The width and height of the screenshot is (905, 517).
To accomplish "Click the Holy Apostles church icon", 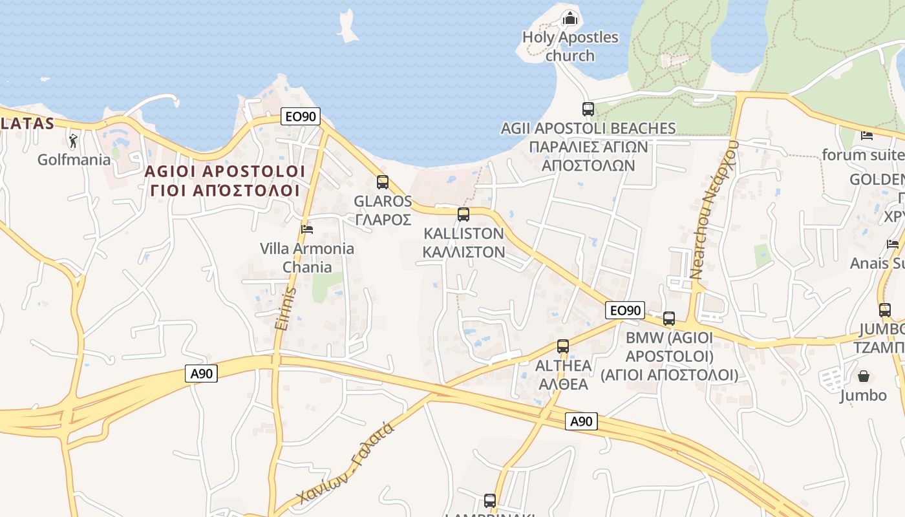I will coord(570,17).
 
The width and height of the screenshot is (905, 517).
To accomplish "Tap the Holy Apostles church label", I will coord(570,47).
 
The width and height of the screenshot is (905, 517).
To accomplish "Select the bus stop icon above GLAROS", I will coord(383,182).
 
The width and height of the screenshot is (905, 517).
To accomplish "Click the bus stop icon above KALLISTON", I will coord(463,215).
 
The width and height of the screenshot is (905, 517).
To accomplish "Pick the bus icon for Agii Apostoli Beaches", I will coord(588,109).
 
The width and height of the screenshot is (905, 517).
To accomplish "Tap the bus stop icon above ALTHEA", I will coord(563,346).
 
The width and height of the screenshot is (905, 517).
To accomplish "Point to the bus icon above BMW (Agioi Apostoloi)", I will coord(669,319).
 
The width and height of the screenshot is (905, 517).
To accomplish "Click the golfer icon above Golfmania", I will coord(74,140).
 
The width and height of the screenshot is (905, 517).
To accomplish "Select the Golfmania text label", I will coord(74,160).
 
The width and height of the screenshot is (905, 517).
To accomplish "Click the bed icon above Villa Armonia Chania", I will coord(307,229).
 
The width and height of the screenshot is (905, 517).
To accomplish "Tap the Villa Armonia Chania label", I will coord(307,258).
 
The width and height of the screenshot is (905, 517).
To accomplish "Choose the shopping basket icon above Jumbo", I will coord(863,376).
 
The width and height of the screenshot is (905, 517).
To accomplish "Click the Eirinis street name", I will coord(286,309).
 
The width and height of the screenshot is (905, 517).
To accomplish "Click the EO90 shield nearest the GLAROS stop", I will coord(301,116).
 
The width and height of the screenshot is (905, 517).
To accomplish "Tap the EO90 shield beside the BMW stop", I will coord(625,310).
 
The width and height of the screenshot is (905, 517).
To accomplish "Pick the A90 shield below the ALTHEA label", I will coord(581,422).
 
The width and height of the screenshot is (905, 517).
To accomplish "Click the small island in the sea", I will coord(347,26).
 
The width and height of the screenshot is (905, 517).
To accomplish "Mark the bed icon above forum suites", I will coord(867,136).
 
